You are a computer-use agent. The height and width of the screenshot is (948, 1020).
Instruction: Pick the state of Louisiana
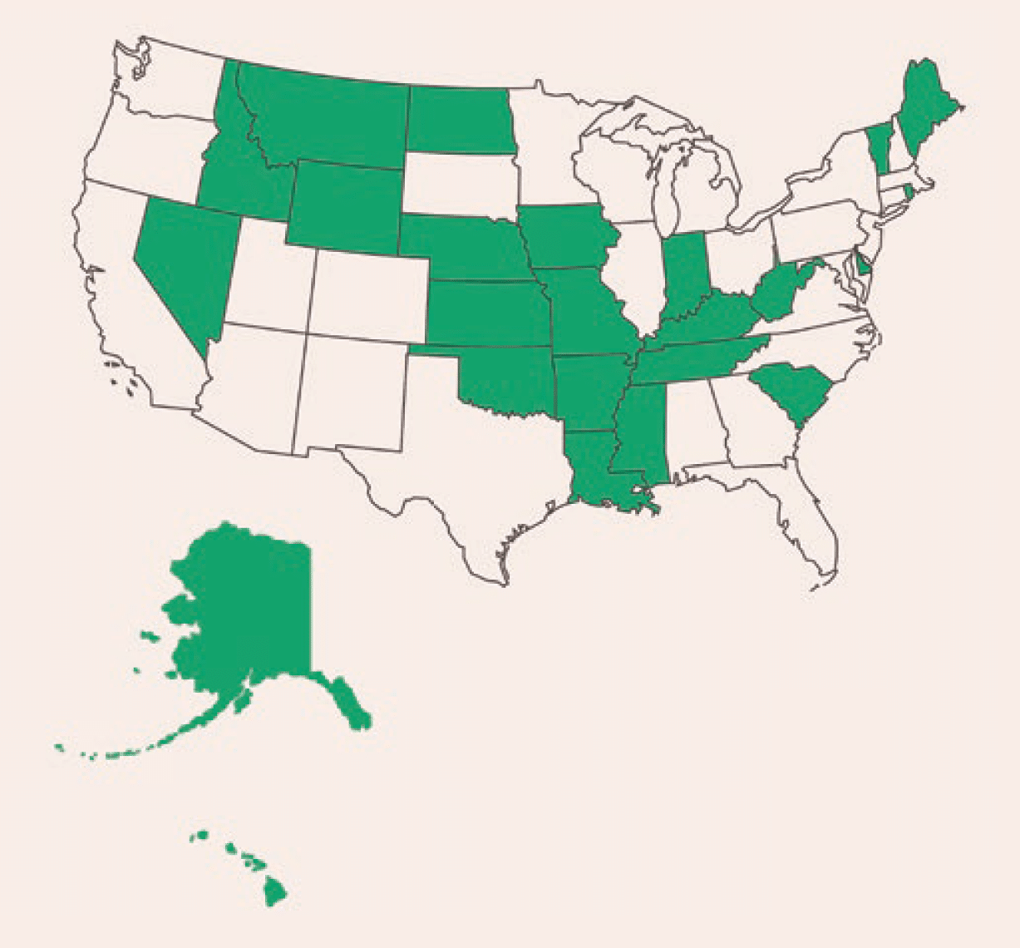594,466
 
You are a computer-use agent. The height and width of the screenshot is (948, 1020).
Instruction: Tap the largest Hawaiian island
277,894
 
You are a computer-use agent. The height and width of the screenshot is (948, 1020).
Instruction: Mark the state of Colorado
370,287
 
